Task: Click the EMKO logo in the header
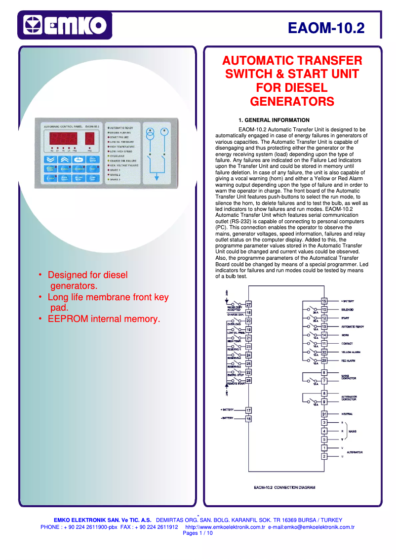point(65,25)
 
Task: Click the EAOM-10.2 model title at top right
point(326,28)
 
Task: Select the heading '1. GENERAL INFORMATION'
point(274,120)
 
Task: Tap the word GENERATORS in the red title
point(292,102)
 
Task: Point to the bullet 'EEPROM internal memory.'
point(104,319)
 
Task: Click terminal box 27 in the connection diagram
point(248,305)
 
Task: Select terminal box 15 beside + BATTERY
point(324,301)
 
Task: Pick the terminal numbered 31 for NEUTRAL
point(324,414)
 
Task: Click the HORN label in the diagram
point(345,335)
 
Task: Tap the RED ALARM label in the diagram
point(349,360)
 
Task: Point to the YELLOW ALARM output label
point(351,352)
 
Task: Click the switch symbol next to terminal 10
point(311,310)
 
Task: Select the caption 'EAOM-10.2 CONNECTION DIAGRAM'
point(284,487)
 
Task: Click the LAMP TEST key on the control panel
point(92,178)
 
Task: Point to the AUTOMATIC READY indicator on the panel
point(121,128)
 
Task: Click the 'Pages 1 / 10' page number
point(198,533)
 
